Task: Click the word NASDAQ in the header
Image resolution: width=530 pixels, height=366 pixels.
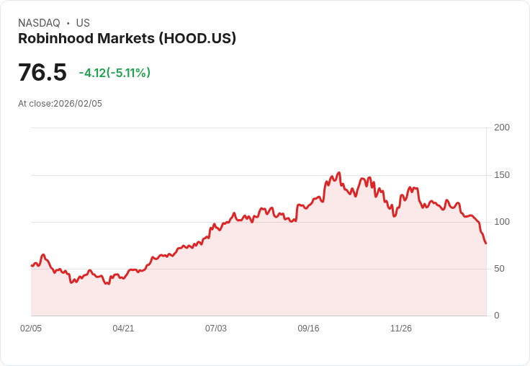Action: pos(39,23)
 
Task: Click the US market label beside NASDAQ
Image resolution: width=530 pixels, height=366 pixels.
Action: pos(83,23)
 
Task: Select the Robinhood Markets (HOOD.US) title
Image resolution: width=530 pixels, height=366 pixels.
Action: pos(127,39)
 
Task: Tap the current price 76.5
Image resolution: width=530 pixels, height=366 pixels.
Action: pos(42,73)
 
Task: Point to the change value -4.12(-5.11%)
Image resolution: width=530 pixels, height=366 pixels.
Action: pos(114,73)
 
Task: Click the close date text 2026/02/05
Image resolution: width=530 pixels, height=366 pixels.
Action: pos(78,104)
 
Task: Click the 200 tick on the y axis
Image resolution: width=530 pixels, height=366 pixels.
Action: pos(501,128)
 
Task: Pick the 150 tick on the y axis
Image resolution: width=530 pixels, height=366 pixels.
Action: pos(501,175)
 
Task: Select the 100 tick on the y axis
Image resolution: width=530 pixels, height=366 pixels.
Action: pos(501,222)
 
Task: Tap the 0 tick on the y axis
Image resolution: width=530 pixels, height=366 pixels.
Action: pos(496,316)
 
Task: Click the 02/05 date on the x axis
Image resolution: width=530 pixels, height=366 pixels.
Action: pos(31,329)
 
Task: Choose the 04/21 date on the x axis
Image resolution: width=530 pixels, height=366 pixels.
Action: pos(123,329)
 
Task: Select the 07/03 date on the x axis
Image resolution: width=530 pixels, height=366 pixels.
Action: pos(216,329)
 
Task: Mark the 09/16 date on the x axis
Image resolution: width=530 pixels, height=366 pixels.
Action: pos(308,329)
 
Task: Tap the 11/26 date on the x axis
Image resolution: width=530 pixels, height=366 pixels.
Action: pos(401,329)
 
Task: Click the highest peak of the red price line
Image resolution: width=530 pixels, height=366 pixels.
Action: pos(338,173)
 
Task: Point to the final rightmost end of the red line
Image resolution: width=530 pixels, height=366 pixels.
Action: pos(486,244)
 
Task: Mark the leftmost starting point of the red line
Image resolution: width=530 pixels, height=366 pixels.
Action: pos(32,266)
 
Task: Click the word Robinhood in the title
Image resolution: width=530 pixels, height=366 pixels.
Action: pos(53,39)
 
